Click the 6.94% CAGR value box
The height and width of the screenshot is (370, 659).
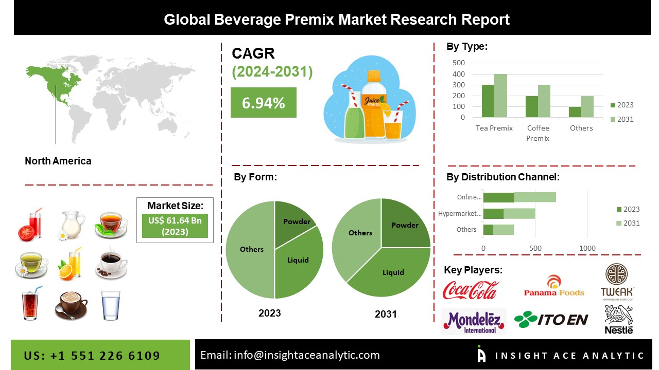coord(263,102)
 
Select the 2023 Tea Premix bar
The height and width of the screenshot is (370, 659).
coord(488,101)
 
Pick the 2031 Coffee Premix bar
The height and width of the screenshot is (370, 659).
coord(544,101)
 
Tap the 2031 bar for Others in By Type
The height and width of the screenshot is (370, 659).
coord(587,106)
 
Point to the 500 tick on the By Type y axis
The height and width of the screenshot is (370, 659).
coord(459,63)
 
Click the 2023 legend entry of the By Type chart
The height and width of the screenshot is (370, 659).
coord(622,105)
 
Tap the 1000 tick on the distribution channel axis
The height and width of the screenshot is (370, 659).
coord(587,248)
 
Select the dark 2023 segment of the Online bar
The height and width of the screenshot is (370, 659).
coord(499,197)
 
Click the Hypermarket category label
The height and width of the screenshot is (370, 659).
coord(460,213)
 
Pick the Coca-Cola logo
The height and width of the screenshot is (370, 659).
coord(471,290)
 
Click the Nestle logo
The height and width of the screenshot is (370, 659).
coord(619,320)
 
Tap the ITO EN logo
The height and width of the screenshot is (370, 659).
coord(551,320)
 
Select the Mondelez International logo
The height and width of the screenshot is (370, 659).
coord(474,322)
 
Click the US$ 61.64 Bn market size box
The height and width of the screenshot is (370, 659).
coord(175,226)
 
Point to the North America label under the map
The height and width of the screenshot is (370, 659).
coord(58,161)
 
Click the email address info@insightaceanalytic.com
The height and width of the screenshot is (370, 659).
coord(306,355)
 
